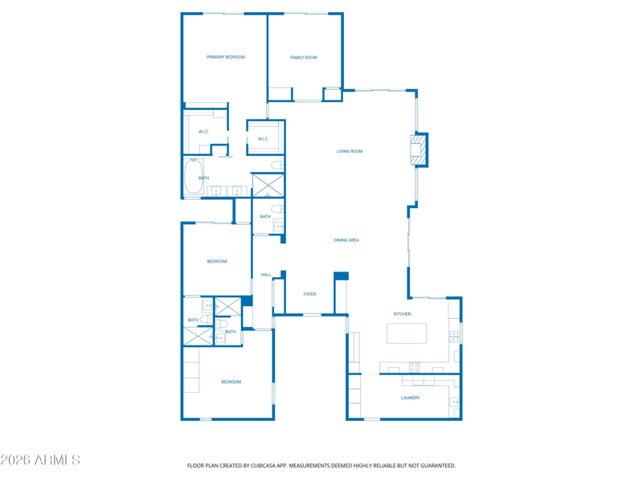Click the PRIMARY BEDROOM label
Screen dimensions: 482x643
pos(226,57)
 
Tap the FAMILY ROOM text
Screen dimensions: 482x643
pos(304,58)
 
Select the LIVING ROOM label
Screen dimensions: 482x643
pos(350,151)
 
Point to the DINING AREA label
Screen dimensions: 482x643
pos(346,240)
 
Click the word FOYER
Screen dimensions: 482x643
pos(309,294)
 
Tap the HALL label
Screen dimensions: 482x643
pos(266,275)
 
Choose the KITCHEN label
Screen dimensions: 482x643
pos(402,314)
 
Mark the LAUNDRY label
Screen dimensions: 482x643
pos(410,398)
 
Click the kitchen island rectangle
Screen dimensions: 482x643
pos(407,333)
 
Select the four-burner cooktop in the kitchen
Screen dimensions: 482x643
pos(415,367)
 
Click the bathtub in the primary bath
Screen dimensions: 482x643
pos(193,177)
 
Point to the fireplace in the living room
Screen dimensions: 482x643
pos(418,150)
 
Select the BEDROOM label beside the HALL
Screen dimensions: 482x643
pos(217,261)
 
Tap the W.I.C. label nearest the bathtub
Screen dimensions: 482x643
pos(203,132)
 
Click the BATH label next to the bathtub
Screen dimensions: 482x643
pos(204,178)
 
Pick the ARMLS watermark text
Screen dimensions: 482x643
pos(40,460)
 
